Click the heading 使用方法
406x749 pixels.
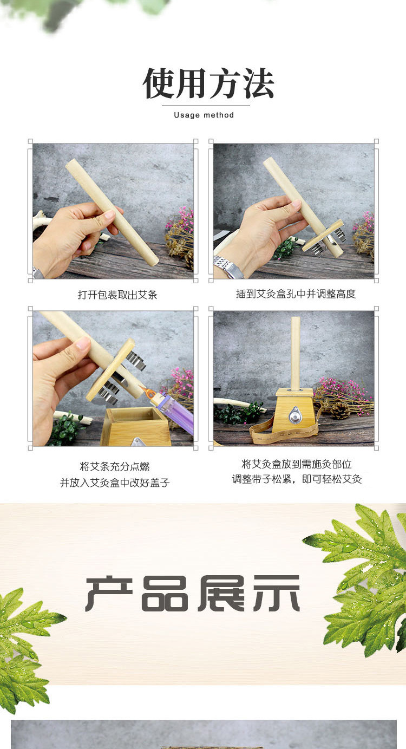tap(208, 84)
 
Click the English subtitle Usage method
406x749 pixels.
tap(204, 115)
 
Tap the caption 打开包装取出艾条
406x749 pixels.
tap(117, 295)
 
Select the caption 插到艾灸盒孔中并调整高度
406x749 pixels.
tap(296, 294)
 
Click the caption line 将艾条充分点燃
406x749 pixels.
tap(114, 466)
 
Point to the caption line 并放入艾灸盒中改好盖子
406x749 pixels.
tap(115, 483)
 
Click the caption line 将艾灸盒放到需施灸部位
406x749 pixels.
tap(296, 464)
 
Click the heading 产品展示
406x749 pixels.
tap(193, 594)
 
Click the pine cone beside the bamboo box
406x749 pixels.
tap(340, 411)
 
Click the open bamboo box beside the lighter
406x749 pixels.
tap(135, 428)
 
